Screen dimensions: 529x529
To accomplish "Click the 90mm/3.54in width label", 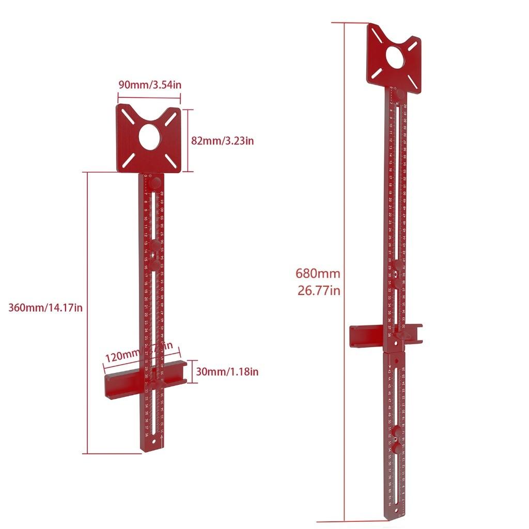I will click(x=150, y=85).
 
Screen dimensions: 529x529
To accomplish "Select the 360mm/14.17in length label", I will click(x=45, y=308).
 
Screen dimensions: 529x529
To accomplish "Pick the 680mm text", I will click(x=318, y=274).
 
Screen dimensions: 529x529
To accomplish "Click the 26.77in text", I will click(x=319, y=290).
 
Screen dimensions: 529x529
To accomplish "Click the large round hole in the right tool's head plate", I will click(x=396, y=58).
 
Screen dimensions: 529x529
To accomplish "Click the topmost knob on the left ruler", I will click(x=154, y=183).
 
